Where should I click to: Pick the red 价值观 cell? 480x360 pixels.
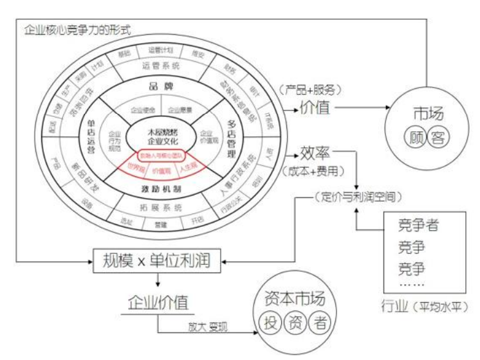[x=160, y=172]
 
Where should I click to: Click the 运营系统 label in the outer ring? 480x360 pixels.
[x=160, y=65]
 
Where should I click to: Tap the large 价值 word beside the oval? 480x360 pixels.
[x=315, y=108]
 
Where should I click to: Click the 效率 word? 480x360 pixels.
[x=314, y=155]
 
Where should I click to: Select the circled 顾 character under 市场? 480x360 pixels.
[x=415, y=136]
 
